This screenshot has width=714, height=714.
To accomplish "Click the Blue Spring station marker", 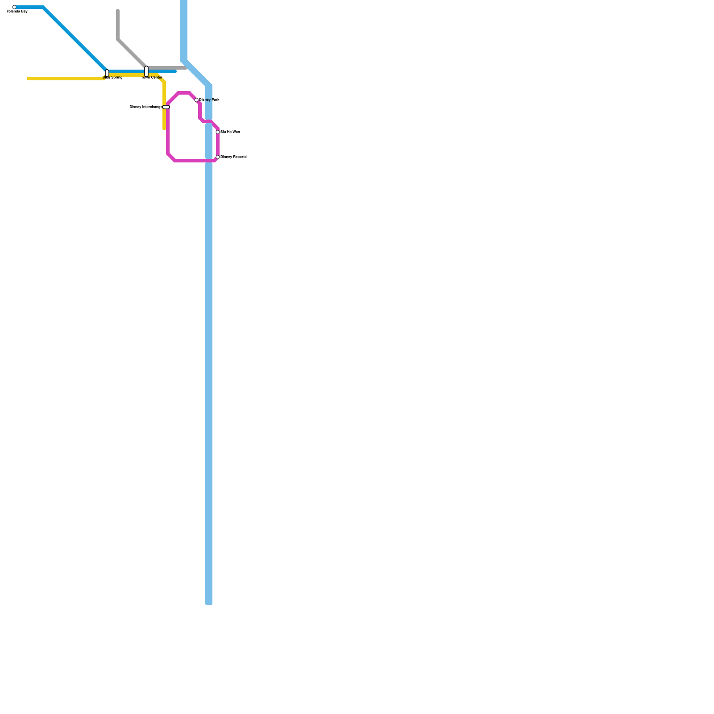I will (x=107, y=73).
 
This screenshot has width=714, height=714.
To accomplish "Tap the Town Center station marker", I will (x=146, y=71).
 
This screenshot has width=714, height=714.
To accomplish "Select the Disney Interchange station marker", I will (x=166, y=107).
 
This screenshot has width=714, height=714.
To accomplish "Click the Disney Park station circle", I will (x=196, y=100).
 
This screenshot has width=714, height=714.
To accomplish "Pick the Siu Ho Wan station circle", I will (x=218, y=132).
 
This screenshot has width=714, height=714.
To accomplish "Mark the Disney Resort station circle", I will (x=218, y=157).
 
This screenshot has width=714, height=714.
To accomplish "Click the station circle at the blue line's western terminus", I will (x=14, y=7).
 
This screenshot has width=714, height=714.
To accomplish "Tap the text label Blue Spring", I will (x=112, y=78).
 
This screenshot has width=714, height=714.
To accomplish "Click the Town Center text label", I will (x=152, y=78).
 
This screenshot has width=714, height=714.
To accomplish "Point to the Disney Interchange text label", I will (x=145, y=107).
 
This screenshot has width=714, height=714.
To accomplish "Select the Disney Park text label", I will (x=209, y=100).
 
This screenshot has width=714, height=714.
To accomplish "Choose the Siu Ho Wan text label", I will (x=230, y=132).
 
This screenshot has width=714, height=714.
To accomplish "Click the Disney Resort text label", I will (x=233, y=157).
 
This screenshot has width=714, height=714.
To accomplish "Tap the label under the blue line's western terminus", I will (x=17, y=12).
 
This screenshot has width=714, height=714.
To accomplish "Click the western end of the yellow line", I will (x=28, y=79).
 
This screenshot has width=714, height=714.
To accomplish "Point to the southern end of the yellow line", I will (x=164, y=129).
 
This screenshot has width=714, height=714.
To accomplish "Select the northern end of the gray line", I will (x=118, y=10).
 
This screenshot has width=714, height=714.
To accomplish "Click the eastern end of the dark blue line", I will (x=175, y=71).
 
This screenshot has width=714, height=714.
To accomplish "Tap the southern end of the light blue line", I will (x=209, y=603).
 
